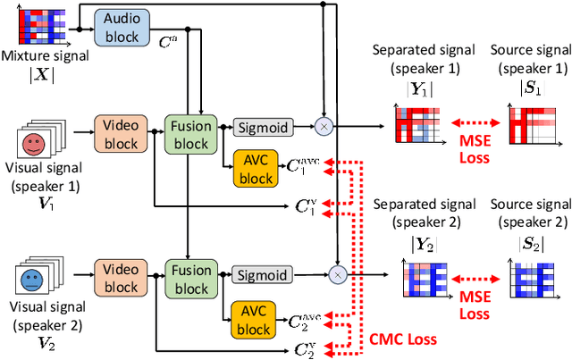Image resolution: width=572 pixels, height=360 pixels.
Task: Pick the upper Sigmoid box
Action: (262, 128)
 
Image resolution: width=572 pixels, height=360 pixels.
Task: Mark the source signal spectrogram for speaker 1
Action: (534, 121)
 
